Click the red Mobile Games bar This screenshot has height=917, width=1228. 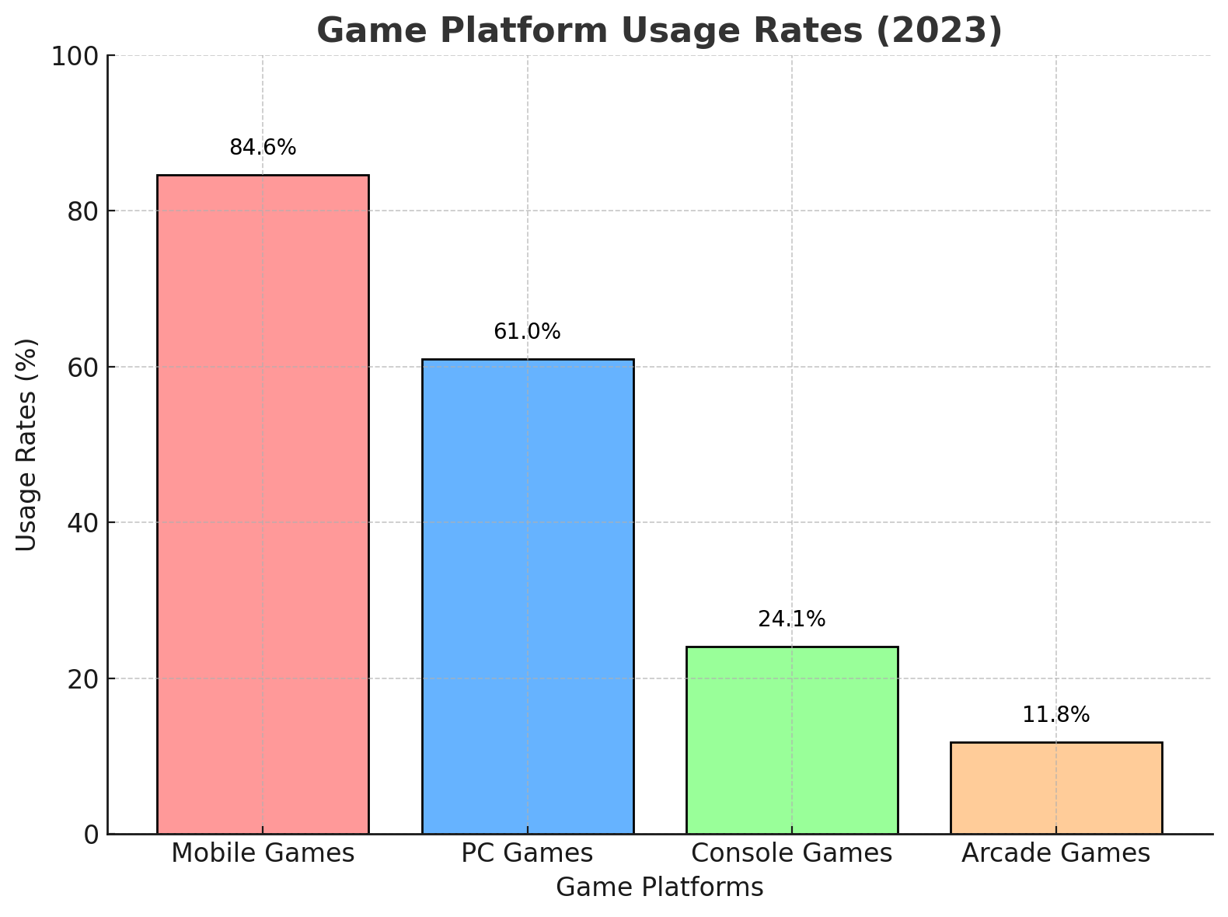pyautogui.click(x=263, y=504)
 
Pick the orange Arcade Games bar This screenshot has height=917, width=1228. pyautogui.click(x=1055, y=788)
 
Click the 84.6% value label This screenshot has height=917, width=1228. pyautogui.click(x=263, y=148)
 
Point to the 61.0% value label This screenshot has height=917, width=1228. pyautogui.click(x=527, y=332)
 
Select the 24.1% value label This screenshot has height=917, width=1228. pyautogui.click(x=791, y=619)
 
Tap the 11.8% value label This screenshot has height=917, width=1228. pyautogui.click(x=1055, y=715)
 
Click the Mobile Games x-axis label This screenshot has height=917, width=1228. pyautogui.click(x=263, y=853)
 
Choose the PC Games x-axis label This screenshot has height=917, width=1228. pyautogui.click(x=527, y=853)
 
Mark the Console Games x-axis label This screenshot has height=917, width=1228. pyautogui.click(x=791, y=853)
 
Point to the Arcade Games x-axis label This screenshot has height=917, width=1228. pyautogui.click(x=1055, y=853)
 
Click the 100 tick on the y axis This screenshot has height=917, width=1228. pyautogui.click(x=75, y=56)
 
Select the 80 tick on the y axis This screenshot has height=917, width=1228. pyautogui.click(x=82, y=211)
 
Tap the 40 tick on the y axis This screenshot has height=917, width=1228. pyautogui.click(x=82, y=522)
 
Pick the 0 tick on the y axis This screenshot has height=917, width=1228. pyautogui.click(x=91, y=835)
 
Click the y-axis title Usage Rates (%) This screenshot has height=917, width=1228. pyautogui.click(x=26, y=445)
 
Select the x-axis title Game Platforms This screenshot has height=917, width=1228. pyautogui.click(x=660, y=887)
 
